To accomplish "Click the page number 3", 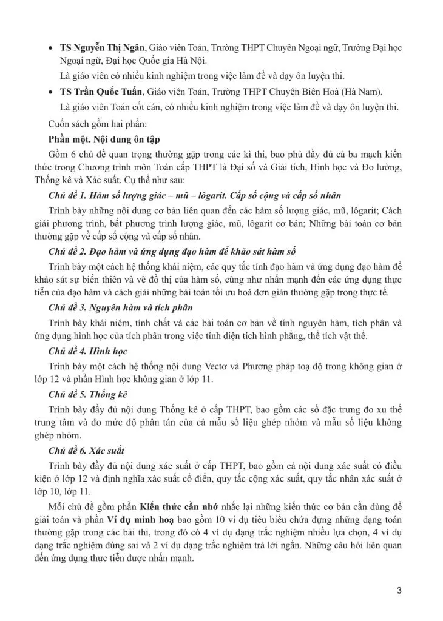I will pos(399,589).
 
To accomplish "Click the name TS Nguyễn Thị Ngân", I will pos(103,47).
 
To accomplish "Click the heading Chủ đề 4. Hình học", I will pos(87,351).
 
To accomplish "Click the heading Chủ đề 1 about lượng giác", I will pos(194,195).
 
